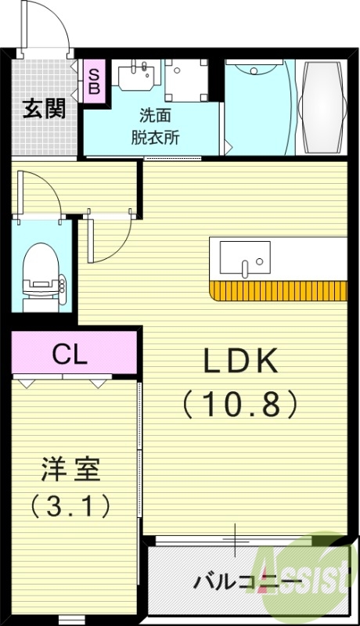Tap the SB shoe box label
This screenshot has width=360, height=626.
93,81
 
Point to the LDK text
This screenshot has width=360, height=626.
240,362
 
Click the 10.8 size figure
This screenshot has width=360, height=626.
240,404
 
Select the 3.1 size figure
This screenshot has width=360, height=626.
70,506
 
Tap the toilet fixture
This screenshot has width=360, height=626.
39,270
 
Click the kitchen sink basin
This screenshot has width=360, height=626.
244,257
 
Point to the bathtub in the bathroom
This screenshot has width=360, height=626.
323,107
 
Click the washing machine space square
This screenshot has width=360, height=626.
187,79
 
